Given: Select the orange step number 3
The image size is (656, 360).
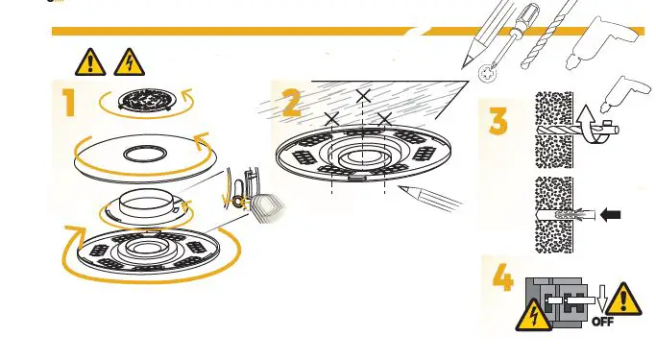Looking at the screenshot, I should pyautogui.click(x=498, y=121).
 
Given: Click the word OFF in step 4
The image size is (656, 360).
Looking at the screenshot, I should pyautogui.click(x=602, y=322).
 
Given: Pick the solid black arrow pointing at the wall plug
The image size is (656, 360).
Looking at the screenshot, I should pyautogui.click(x=610, y=215).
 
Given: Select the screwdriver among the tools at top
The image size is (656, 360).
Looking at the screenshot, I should pyautogui.click(x=507, y=38).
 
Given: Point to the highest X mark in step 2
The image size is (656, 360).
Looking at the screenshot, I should pyautogui.click(x=362, y=96).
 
